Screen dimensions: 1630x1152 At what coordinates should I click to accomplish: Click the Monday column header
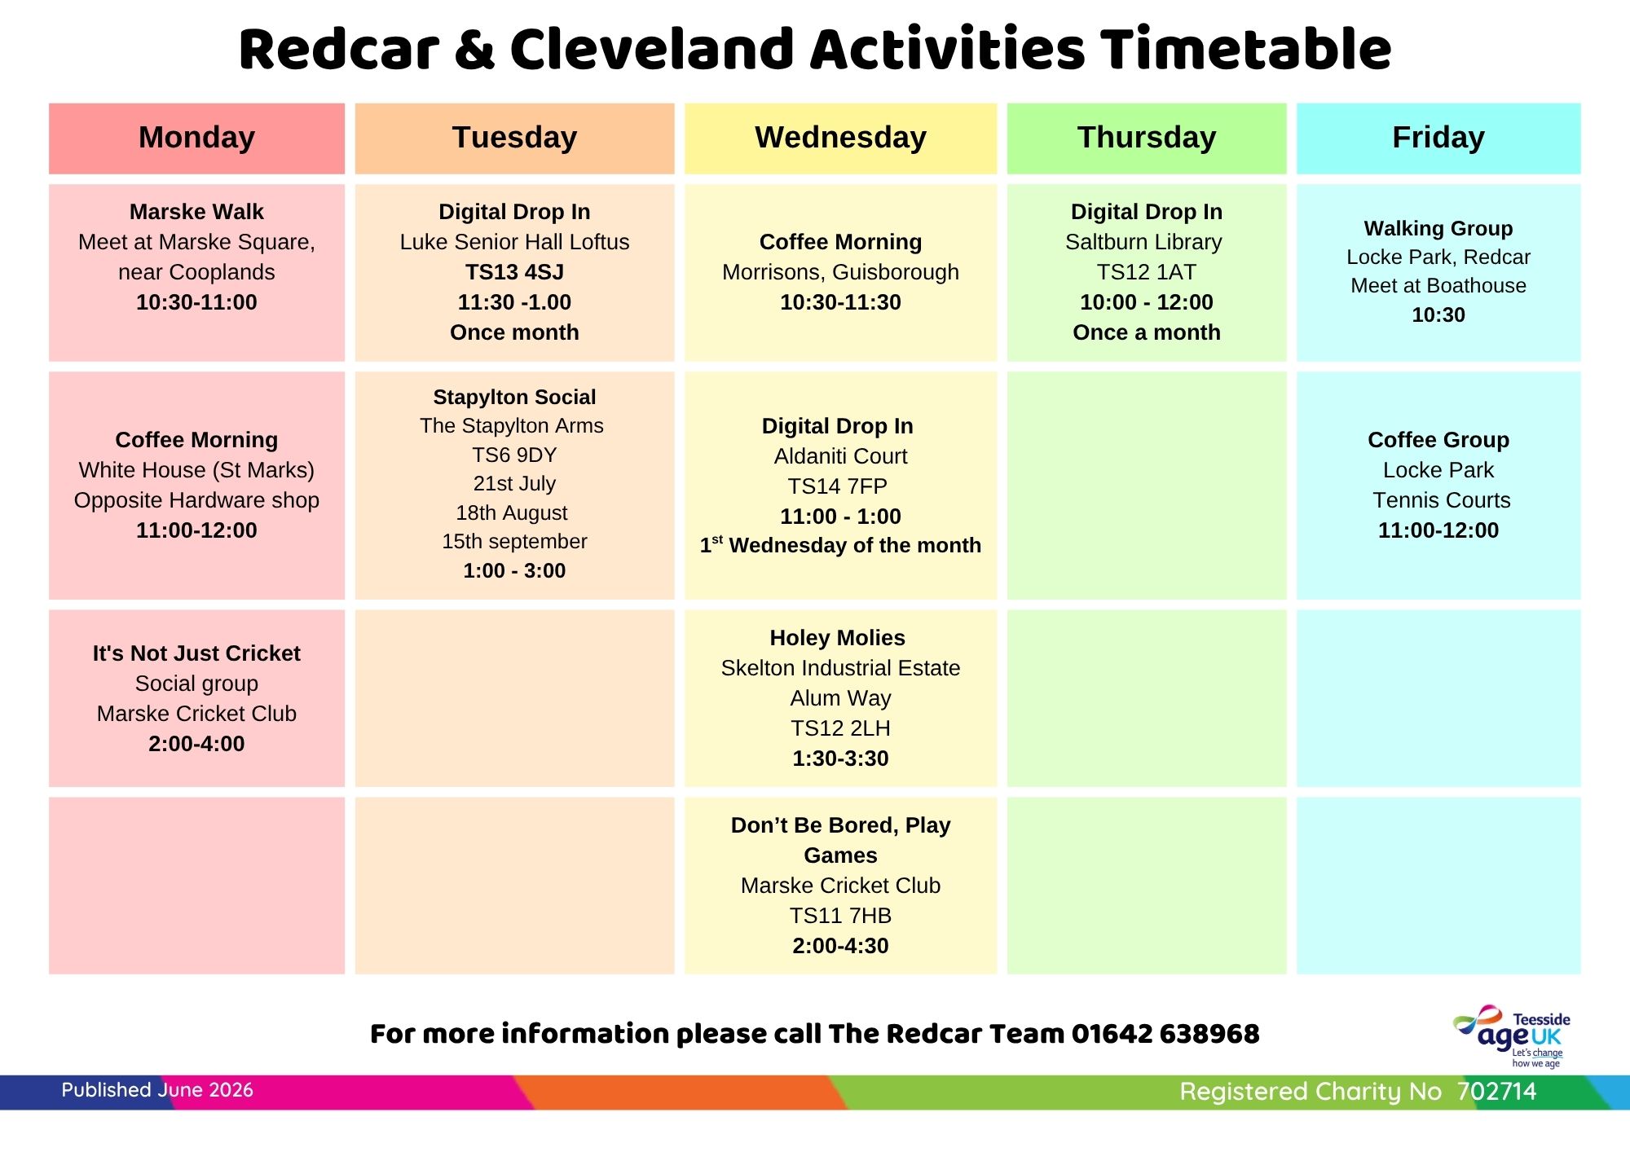(x=196, y=138)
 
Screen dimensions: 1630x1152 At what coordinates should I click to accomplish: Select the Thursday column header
(x=1147, y=138)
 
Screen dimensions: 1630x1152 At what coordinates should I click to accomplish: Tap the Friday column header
(x=1438, y=138)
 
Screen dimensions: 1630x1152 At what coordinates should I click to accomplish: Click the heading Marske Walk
(x=196, y=212)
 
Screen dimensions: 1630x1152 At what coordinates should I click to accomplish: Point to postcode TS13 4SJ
(x=514, y=272)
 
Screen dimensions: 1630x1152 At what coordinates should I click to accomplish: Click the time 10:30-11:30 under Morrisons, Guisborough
(x=840, y=302)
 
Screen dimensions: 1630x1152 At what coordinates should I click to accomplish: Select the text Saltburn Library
(x=1143, y=242)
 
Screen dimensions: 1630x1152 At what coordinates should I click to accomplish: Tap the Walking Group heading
(x=1438, y=228)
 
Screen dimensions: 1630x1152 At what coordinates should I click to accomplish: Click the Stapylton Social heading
(x=514, y=397)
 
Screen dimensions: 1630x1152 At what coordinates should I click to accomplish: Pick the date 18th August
(x=512, y=513)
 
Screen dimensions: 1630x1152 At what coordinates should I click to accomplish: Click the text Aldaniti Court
(x=840, y=456)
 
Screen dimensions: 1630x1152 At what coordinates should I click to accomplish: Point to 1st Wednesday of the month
(x=840, y=545)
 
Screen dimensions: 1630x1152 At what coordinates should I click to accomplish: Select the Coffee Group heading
(x=1438, y=440)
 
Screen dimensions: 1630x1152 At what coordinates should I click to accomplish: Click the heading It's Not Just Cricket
(x=196, y=653)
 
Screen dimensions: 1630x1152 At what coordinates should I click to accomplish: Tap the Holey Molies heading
(x=838, y=638)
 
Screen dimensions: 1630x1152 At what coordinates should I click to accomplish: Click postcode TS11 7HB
(x=840, y=916)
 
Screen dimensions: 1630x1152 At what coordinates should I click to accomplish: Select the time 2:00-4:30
(x=840, y=946)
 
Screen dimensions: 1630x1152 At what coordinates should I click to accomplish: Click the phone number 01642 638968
(x=1165, y=1034)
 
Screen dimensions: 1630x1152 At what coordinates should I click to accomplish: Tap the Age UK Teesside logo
(x=1512, y=1035)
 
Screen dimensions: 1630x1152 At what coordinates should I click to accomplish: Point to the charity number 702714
(x=1496, y=1092)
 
